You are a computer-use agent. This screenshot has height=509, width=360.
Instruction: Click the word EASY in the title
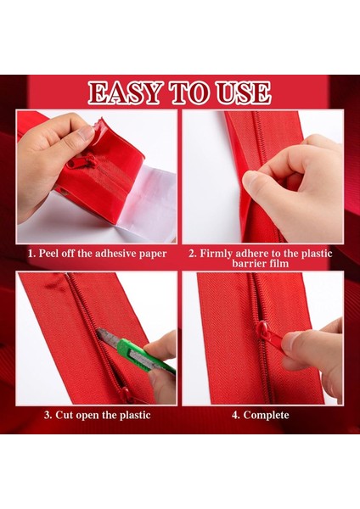coord(125,92)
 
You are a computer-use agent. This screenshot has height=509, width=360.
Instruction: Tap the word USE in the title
coord(244,92)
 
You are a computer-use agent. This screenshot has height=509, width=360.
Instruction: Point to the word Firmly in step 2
coord(216,253)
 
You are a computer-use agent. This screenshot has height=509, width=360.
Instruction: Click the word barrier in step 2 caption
coord(249,263)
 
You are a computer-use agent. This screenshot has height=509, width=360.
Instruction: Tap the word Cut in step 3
coord(64,415)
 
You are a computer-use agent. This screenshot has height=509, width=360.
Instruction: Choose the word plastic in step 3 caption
coord(135,416)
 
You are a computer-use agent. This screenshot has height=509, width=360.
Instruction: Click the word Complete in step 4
coord(266,415)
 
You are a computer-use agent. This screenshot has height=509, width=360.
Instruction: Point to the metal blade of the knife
coord(107,337)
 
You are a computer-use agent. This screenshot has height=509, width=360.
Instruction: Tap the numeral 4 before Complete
coord(235,415)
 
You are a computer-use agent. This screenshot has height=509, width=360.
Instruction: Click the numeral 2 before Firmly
coord(192,254)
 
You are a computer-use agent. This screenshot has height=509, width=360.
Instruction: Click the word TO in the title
coord(188,92)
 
